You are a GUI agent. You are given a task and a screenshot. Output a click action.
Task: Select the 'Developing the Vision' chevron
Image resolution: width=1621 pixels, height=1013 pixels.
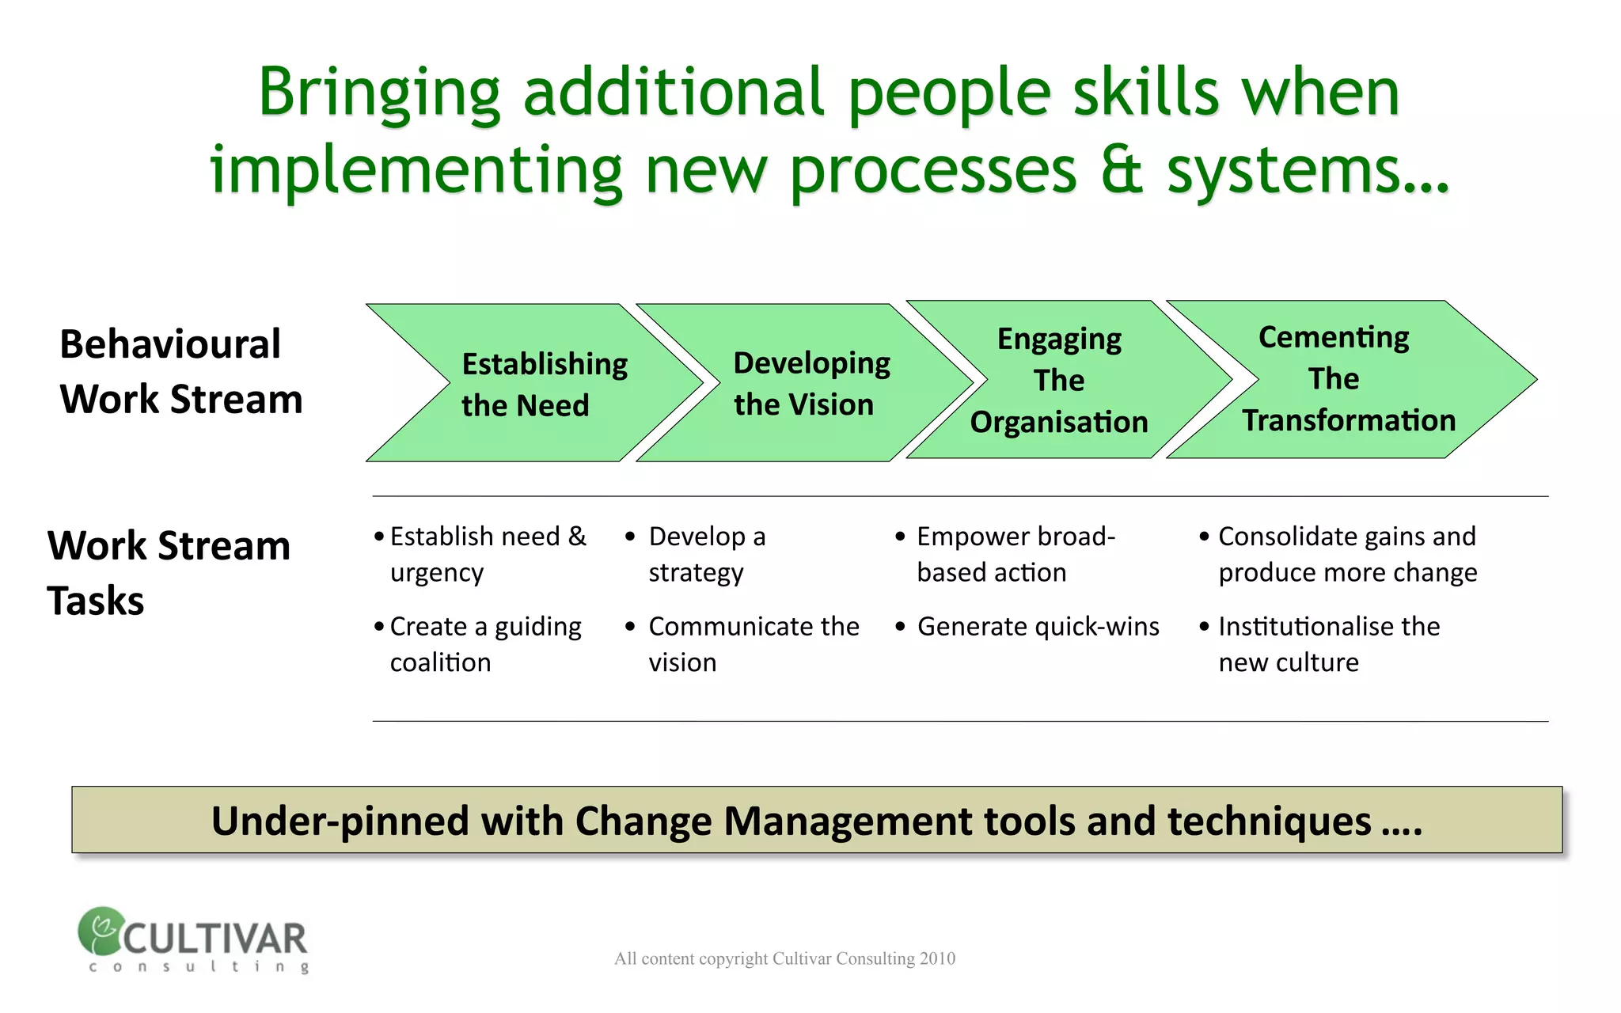[807, 384]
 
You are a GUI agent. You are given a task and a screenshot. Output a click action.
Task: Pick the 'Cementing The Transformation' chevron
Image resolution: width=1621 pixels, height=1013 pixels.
[1346, 379]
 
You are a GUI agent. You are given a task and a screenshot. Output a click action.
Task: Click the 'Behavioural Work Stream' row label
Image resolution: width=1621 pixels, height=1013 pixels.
[180, 371]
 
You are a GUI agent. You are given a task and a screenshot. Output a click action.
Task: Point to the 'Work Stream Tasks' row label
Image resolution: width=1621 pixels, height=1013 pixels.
[168, 572]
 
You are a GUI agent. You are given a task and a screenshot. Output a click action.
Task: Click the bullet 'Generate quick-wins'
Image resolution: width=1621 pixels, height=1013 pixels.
[1038, 627]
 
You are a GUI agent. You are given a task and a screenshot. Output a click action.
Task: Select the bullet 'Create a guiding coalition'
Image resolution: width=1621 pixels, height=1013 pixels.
[484, 643]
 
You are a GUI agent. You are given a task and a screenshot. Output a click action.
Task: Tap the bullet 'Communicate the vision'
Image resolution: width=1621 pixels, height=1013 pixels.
[752, 643]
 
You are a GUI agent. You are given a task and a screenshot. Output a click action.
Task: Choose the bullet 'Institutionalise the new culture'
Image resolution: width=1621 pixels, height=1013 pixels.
[1328, 643]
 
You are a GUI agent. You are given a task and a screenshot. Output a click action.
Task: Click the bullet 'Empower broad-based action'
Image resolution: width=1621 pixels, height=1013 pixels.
[1015, 554]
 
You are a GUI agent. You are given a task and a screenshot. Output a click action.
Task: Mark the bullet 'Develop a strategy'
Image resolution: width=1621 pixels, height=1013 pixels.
[706, 554]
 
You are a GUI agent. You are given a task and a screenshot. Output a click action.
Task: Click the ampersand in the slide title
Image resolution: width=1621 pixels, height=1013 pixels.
[1122, 170]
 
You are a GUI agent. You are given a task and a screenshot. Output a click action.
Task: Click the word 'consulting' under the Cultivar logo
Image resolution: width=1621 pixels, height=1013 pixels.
[198, 966]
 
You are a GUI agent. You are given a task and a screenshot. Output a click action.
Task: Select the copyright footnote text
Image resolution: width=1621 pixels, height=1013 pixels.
[784, 958]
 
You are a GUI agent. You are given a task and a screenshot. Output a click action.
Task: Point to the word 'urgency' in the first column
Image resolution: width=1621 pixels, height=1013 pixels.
[436, 573]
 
